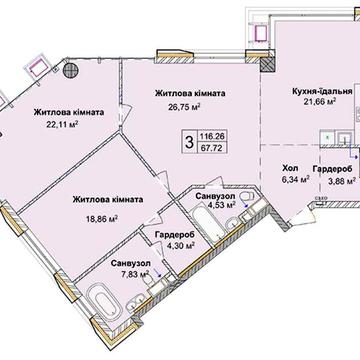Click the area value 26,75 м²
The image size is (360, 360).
click(x=185, y=107)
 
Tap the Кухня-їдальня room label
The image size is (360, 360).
click(x=322, y=92)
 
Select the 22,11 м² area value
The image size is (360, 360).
click(x=63, y=124)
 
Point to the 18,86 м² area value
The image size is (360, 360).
click(x=102, y=219)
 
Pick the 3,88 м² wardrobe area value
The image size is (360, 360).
click(x=339, y=180)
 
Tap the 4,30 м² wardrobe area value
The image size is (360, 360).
click(x=179, y=245)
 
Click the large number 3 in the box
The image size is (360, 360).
click(x=189, y=142)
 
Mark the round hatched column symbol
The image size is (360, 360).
click(x=71, y=70)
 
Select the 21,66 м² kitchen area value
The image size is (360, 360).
click(x=320, y=101)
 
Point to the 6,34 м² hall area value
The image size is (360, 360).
click(x=295, y=180)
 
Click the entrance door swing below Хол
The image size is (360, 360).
click(x=302, y=216)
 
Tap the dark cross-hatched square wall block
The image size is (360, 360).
click(x=268, y=64)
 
